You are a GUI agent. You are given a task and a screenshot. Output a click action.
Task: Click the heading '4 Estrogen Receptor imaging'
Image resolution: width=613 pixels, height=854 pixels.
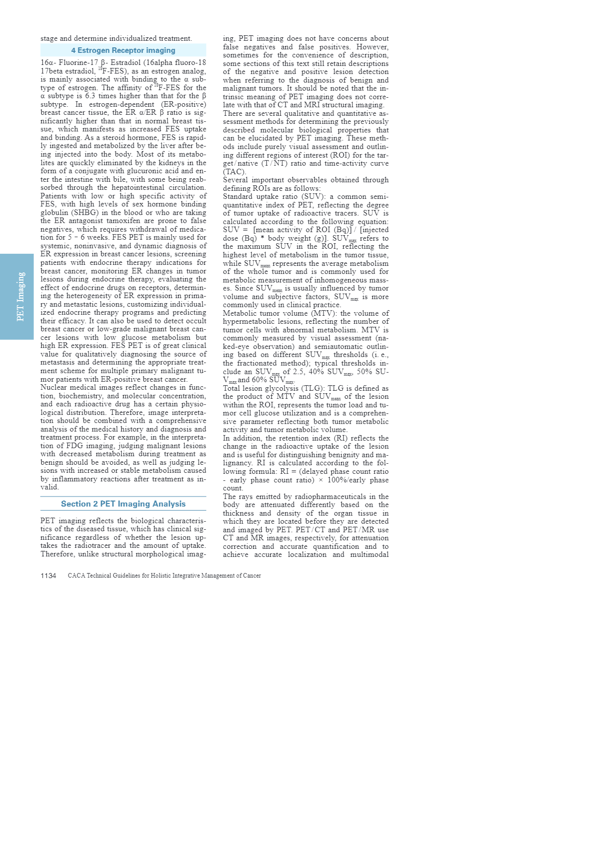click(x=123, y=50)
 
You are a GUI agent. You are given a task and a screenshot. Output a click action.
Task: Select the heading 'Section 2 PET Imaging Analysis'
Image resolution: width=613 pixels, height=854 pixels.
click(x=123, y=504)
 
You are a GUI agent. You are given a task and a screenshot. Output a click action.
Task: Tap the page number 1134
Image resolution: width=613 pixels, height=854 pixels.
click(x=48, y=576)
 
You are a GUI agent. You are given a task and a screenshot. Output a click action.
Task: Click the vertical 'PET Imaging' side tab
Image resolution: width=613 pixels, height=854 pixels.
click(x=21, y=297)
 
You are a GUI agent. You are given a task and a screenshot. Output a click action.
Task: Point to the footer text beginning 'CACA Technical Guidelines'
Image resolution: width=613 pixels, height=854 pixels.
click(x=164, y=576)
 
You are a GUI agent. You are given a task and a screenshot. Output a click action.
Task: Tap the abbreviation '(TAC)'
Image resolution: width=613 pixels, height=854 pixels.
click(x=235, y=172)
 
